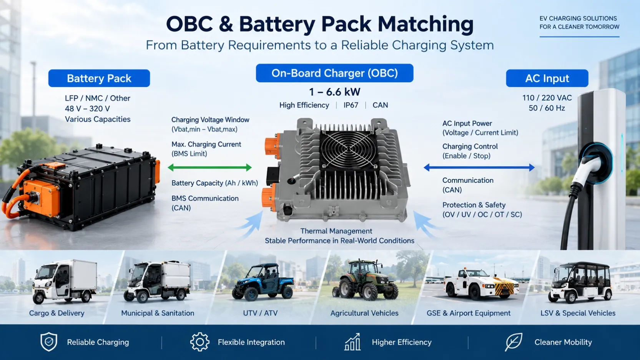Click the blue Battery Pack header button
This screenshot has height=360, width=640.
(x=99, y=78)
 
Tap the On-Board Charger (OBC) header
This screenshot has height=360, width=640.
(x=334, y=73)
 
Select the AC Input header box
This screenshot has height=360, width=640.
(x=547, y=78)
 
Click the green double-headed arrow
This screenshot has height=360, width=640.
(x=210, y=168)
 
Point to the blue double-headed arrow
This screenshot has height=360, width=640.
(x=479, y=168)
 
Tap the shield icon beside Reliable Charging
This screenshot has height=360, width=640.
(x=49, y=342)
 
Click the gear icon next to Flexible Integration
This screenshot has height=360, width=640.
(x=200, y=342)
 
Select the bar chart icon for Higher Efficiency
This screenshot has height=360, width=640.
(x=352, y=342)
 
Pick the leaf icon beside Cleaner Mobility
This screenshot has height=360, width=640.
(x=514, y=342)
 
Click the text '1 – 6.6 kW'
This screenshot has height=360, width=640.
(x=334, y=92)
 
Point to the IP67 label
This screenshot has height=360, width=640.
(x=351, y=105)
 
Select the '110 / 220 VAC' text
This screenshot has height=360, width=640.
(x=547, y=98)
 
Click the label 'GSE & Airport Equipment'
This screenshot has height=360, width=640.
(x=469, y=313)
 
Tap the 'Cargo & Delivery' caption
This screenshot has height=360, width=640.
(x=57, y=313)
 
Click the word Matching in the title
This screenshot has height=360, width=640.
(x=426, y=24)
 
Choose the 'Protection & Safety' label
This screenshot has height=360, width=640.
(x=474, y=205)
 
